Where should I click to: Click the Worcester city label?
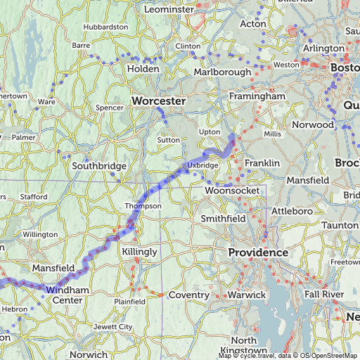point(158,102)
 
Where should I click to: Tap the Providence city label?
point(258,252)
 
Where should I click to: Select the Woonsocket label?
point(232,191)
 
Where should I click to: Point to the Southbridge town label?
point(99,167)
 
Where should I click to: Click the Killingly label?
point(139,251)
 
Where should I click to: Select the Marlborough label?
point(222,72)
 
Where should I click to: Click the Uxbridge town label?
point(203,165)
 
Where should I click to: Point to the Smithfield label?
point(224,219)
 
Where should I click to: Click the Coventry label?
point(188,295)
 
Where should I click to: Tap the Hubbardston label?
point(105,27)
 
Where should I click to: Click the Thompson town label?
point(143,206)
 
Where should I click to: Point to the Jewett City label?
point(116,327)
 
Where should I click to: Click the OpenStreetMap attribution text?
point(330,356)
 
